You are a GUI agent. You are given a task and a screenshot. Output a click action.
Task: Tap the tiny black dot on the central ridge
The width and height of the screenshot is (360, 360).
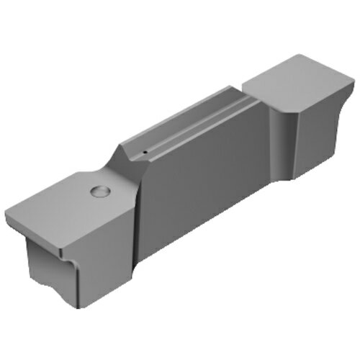145,153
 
